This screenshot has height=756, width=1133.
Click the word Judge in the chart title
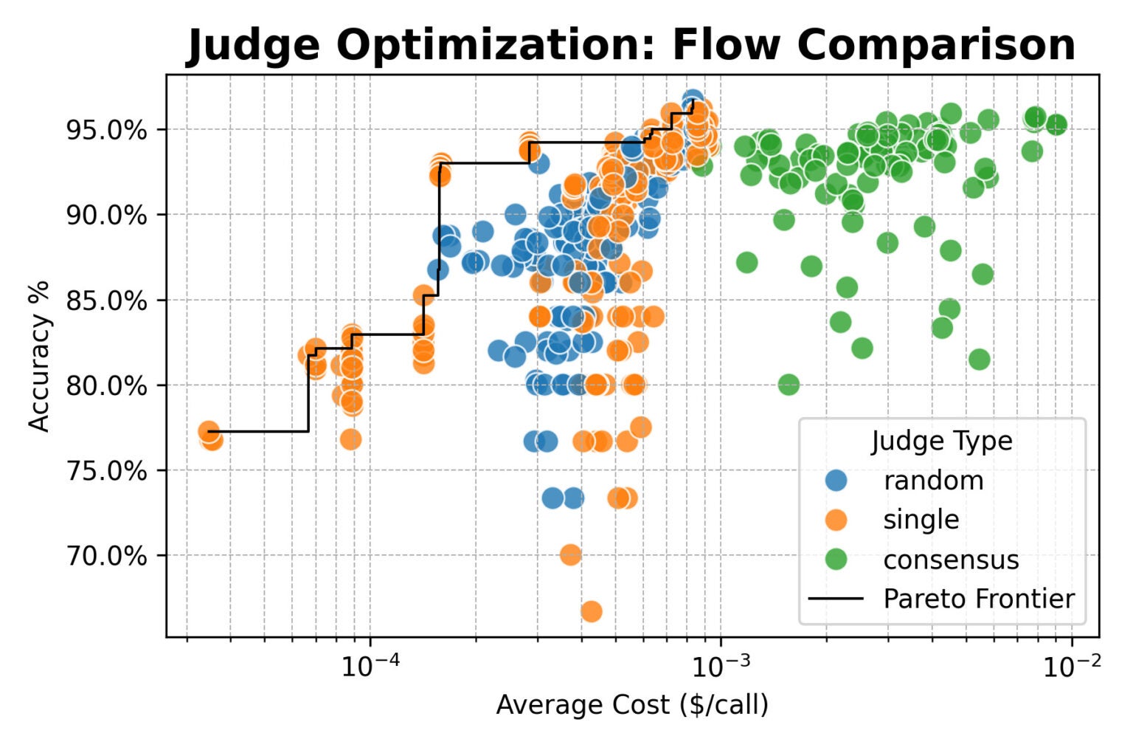(x=253, y=46)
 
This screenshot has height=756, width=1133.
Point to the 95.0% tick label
(x=106, y=131)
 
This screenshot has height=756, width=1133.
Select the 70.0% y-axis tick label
(x=106, y=556)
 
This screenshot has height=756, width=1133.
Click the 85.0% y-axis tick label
(x=106, y=301)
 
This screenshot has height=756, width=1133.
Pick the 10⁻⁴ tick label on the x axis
(x=369, y=667)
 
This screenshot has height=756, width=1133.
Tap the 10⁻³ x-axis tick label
(x=719, y=667)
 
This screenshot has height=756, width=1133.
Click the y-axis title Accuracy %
(x=39, y=355)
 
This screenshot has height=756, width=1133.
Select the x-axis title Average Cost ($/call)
(x=632, y=705)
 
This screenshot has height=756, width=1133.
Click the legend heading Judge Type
(x=942, y=441)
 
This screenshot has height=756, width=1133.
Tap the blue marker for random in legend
(x=836, y=481)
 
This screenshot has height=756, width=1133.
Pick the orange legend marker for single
(x=836, y=520)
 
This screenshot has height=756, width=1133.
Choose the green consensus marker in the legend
(x=836, y=560)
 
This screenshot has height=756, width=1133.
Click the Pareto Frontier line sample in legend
(x=836, y=599)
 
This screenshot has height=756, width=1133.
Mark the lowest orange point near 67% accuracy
(x=591, y=611)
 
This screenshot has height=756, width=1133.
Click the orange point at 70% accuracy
(x=570, y=554)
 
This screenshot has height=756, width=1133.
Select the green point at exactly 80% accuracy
(x=789, y=384)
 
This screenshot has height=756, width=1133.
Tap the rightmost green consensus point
(x=1056, y=124)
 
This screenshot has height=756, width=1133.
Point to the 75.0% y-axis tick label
(x=106, y=471)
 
